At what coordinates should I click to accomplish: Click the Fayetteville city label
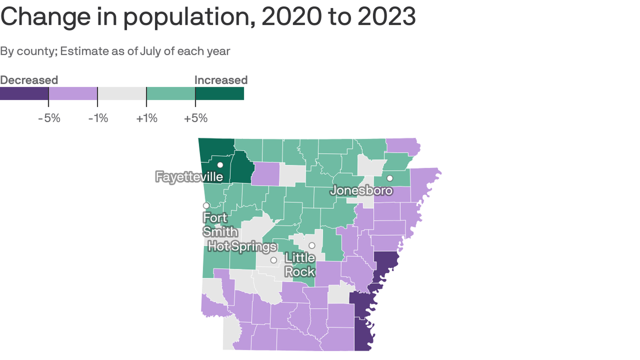189,177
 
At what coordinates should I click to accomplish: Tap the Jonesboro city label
361,190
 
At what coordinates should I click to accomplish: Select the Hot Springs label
242,246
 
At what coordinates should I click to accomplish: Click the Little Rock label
300,264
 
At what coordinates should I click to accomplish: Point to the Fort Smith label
220,225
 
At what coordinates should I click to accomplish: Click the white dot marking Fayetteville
220,165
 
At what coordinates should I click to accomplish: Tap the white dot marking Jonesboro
389,178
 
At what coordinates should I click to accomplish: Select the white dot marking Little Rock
312,246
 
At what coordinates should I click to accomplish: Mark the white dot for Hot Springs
274,260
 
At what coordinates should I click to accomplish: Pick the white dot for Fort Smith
206,205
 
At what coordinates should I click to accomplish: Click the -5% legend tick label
49,118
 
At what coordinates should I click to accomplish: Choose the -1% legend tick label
98,118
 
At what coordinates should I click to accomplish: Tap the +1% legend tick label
147,118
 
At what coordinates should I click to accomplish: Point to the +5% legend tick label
195,118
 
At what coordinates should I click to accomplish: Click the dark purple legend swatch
24,93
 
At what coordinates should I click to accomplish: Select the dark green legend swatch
219,93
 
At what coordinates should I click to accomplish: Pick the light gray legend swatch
122,93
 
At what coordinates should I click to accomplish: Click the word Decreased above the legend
29,80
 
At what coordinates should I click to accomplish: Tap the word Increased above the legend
221,80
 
